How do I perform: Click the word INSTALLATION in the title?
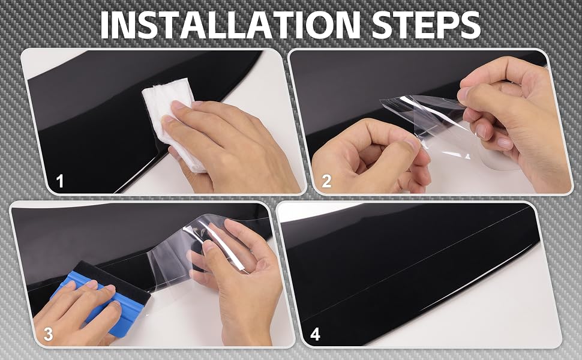pos(230,25)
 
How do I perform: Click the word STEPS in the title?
pos(426,25)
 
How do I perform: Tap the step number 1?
pos(60,181)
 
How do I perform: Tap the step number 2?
pos(326,181)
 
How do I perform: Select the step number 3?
pos(48,334)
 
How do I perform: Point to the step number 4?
pos(315,334)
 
